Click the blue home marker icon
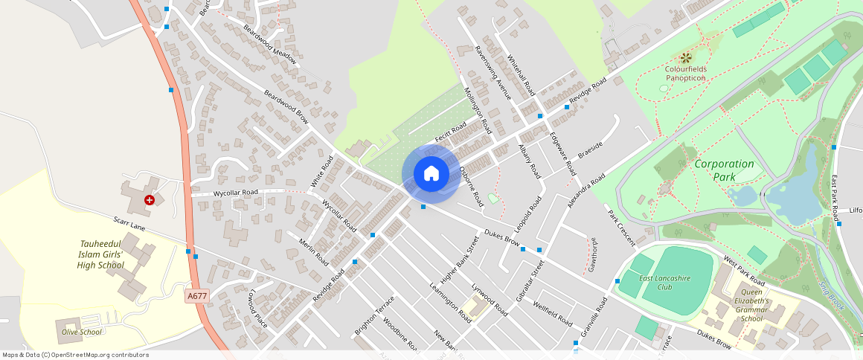coord(431,173)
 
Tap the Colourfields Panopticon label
coord(685,74)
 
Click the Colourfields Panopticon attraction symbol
coord(685,57)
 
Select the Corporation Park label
coord(724,170)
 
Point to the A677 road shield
coord(196,296)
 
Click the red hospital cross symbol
coord(150,200)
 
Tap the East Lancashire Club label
coord(667,282)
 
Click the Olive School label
coord(81,332)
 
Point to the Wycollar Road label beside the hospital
coord(235,193)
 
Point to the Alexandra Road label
coord(586,190)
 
